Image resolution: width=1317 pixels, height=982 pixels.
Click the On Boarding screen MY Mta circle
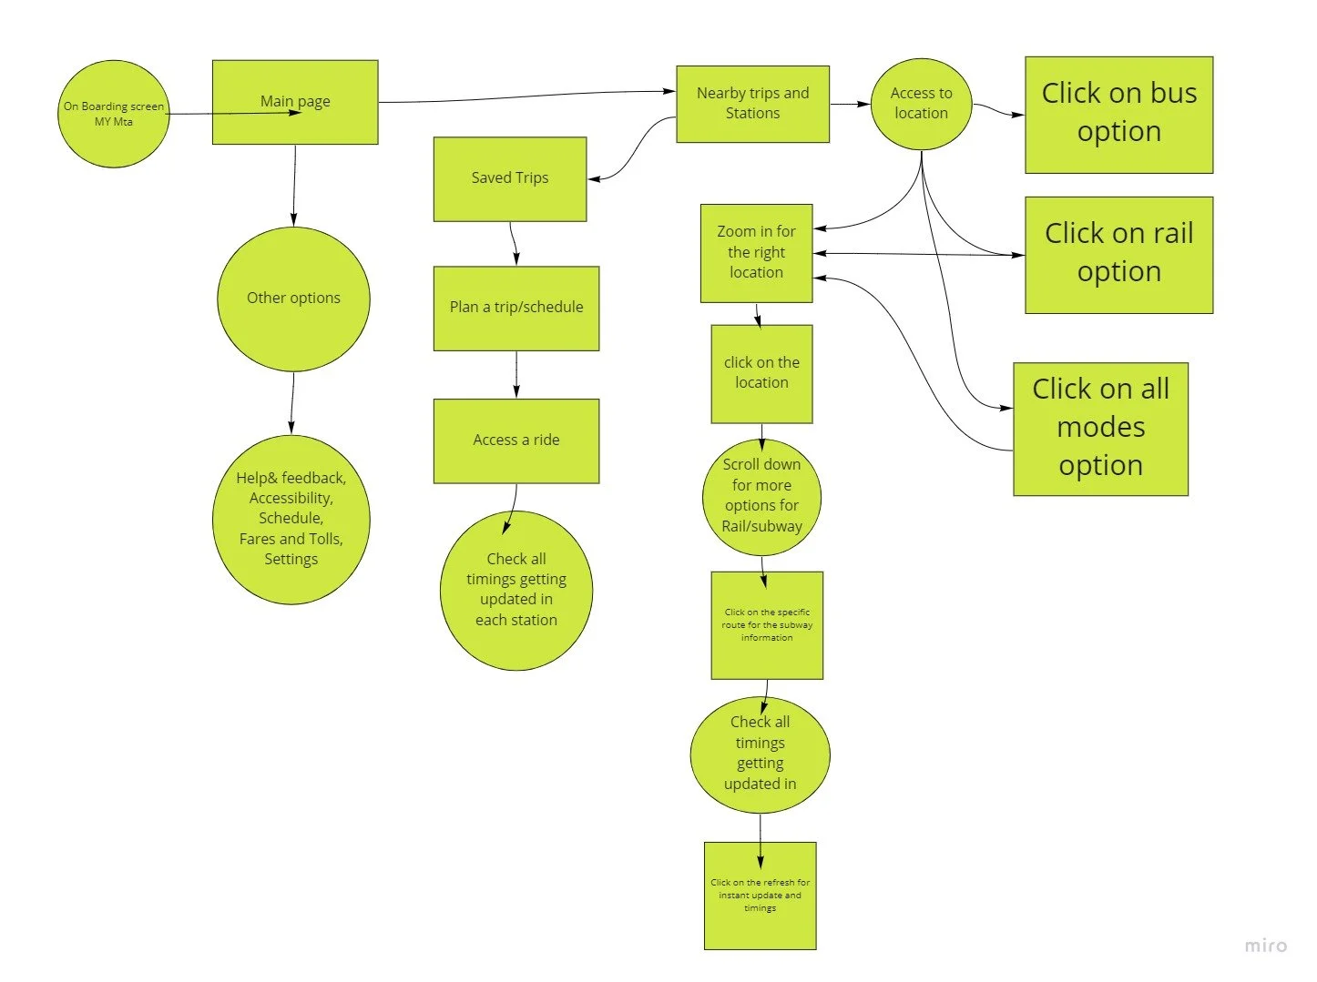click(x=114, y=114)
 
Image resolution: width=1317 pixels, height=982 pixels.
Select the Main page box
click(x=295, y=102)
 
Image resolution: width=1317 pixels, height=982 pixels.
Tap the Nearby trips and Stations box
click(x=752, y=104)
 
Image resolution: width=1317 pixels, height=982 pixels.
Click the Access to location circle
click(x=921, y=104)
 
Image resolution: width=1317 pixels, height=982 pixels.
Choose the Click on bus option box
click(x=1119, y=115)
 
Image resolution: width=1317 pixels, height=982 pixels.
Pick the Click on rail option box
click(x=1119, y=255)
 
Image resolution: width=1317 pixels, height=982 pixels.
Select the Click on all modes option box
click(x=1100, y=429)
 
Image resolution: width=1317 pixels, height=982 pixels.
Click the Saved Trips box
click(x=510, y=179)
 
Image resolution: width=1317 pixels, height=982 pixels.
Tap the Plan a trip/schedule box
click(x=516, y=309)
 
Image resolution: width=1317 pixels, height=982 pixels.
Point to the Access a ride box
click(x=516, y=440)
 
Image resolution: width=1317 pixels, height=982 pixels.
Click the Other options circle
click(x=293, y=299)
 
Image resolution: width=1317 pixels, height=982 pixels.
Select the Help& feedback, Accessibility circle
click(x=291, y=519)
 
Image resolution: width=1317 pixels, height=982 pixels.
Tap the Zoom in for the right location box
click(x=756, y=253)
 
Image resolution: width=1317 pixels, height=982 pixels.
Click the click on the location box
click(x=761, y=374)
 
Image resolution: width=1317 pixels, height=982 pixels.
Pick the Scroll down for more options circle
click(x=761, y=497)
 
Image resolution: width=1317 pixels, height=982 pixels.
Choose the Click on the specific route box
click(x=767, y=625)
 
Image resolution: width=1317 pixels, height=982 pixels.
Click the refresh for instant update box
click(x=761, y=896)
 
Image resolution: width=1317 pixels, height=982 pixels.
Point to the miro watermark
click(x=1266, y=946)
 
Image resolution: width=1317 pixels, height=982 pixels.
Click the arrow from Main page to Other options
click(x=294, y=186)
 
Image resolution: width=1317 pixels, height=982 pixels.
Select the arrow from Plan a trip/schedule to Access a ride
click(x=516, y=375)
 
